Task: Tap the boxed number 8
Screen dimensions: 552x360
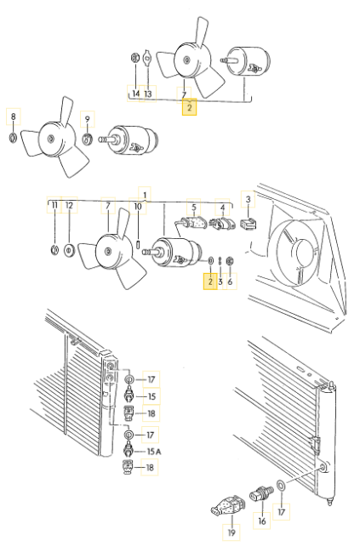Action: click(x=12, y=116)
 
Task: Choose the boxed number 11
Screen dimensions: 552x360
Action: click(x=54, y=207)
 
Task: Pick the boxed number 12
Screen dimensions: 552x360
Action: click(x=70, y=207)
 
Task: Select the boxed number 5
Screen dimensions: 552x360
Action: click(x=193, y=207)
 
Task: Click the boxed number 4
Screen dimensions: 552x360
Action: click(x=222, y=207)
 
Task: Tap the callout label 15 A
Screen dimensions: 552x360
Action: click(x=153, y=451)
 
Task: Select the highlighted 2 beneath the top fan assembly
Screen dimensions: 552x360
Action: click(x=189, y=108)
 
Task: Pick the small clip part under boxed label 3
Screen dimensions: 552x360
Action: click(x=249, y=226)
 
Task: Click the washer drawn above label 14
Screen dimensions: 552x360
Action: click(x=134, y=59)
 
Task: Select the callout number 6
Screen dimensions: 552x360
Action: click(x=230, y=281)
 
